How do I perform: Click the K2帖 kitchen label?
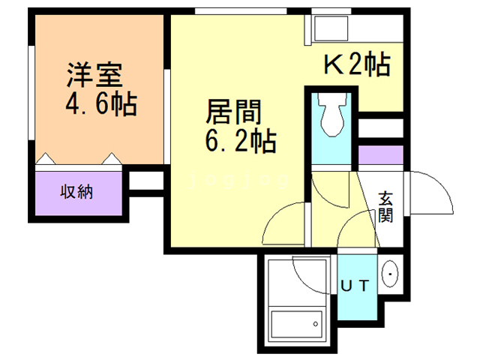click(356, 66)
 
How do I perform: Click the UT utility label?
click(355, 285)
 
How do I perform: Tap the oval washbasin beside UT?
click(390, 274)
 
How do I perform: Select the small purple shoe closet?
click(380, 155)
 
